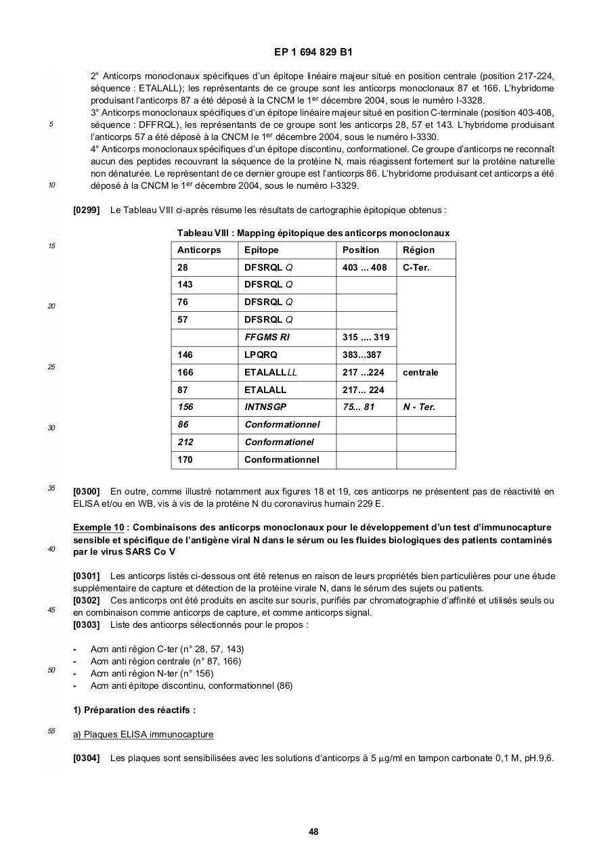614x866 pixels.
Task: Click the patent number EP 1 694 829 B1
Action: [313, 52]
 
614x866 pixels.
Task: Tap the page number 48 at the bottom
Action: [313, 831]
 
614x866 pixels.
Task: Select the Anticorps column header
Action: [199, 250]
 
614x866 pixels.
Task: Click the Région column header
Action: [418, 250]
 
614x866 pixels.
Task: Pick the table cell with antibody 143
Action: [185, 285]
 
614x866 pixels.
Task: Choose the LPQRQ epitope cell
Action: [261, 355]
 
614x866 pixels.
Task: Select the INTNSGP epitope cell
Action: [265, 407]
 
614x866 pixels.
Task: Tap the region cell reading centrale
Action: [420, 372]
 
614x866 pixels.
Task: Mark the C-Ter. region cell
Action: [416, 267]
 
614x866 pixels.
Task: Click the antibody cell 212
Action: [185, 442]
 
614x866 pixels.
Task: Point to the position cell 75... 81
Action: [358, 407]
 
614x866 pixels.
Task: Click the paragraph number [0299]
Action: [87, 210]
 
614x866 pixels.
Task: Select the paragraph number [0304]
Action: [87, 758]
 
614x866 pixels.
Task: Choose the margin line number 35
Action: [51, 488]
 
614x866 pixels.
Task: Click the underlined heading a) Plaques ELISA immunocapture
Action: [143, 734]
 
